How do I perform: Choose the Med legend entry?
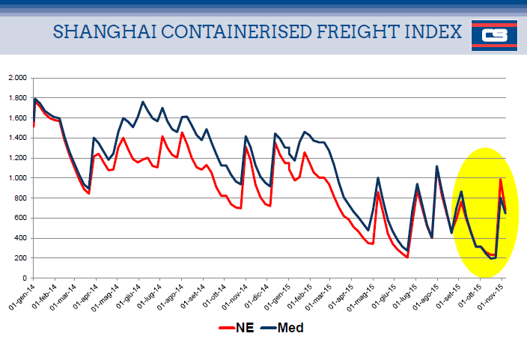pyautogui.click(x=284, y=327)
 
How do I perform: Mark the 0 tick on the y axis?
pyautogui.click(x=25, y=278)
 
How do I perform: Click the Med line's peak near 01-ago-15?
pyautogui.click(x=436, y=166)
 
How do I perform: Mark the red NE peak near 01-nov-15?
pyautogui.click(x=500, y=179)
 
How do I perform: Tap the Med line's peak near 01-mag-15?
pyautogui.click(x=378, y=178)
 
